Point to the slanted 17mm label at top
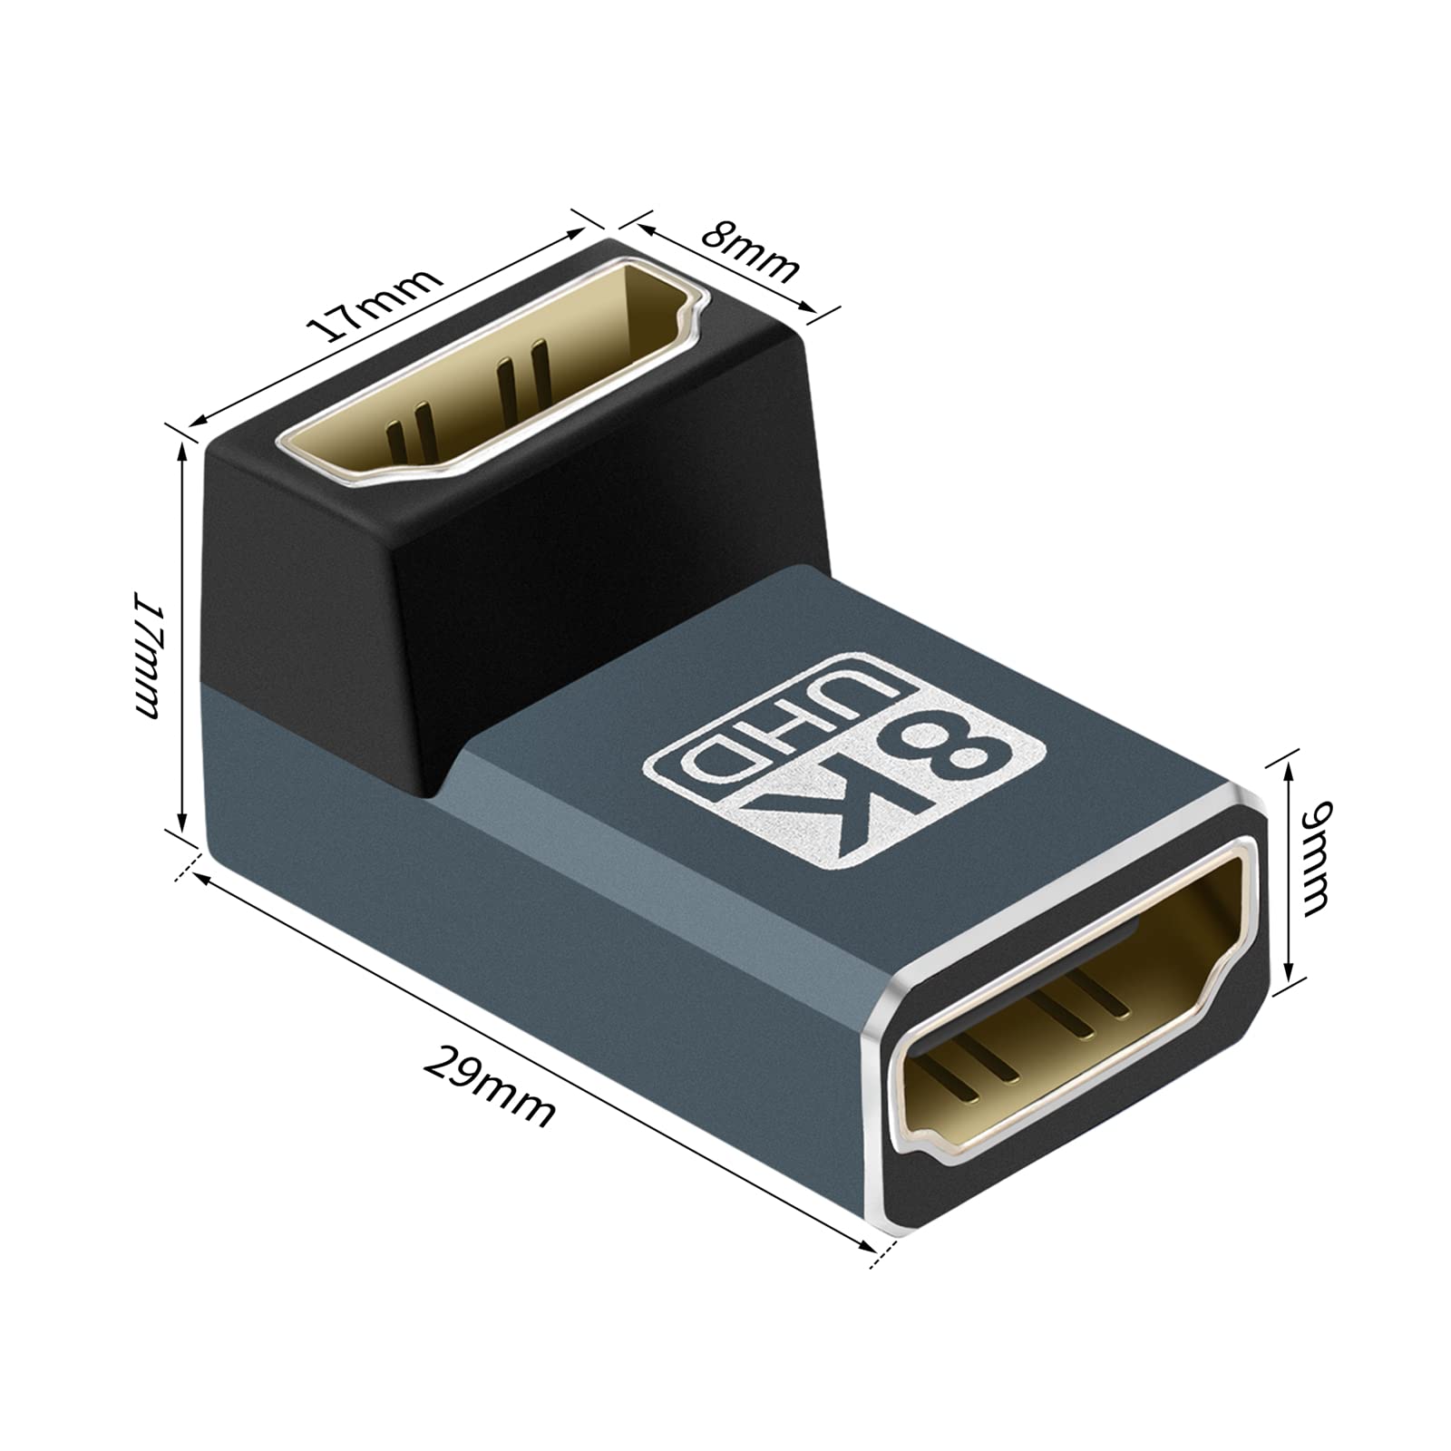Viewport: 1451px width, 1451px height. pyautogui.click(x=375, y=305)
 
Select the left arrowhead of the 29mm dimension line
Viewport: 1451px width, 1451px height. pyautogui.click(x=201, y=881)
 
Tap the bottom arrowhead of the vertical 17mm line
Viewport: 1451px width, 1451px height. pyautogui.click(x=185, y=825)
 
